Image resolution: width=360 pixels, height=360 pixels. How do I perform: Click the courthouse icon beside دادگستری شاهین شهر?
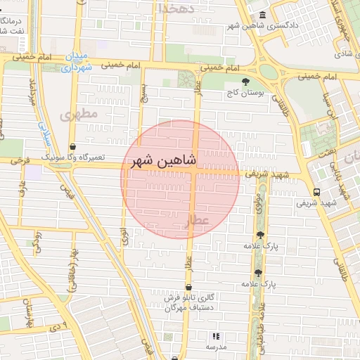[x=262, y=15]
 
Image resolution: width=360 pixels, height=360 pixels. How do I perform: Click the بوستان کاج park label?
[x=244, y=93]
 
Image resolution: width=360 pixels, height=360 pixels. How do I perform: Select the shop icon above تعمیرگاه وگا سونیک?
[x=73, y=147]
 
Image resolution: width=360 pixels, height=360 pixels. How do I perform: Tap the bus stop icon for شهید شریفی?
[x=317, y=192]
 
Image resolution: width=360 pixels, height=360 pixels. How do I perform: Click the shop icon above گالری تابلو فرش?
[x=188, y=287]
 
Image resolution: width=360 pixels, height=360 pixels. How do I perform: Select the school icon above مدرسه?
[x=216, y=337]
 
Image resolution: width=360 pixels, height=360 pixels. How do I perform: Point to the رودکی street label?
[x=37, y=239]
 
